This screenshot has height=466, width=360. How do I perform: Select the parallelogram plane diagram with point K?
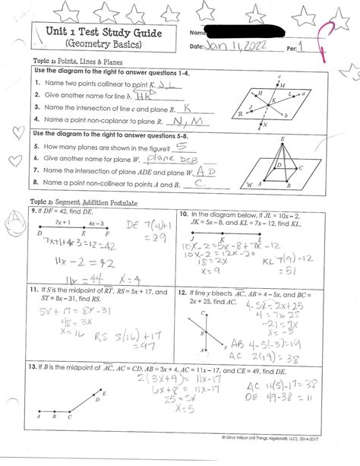tap(276, 103)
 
